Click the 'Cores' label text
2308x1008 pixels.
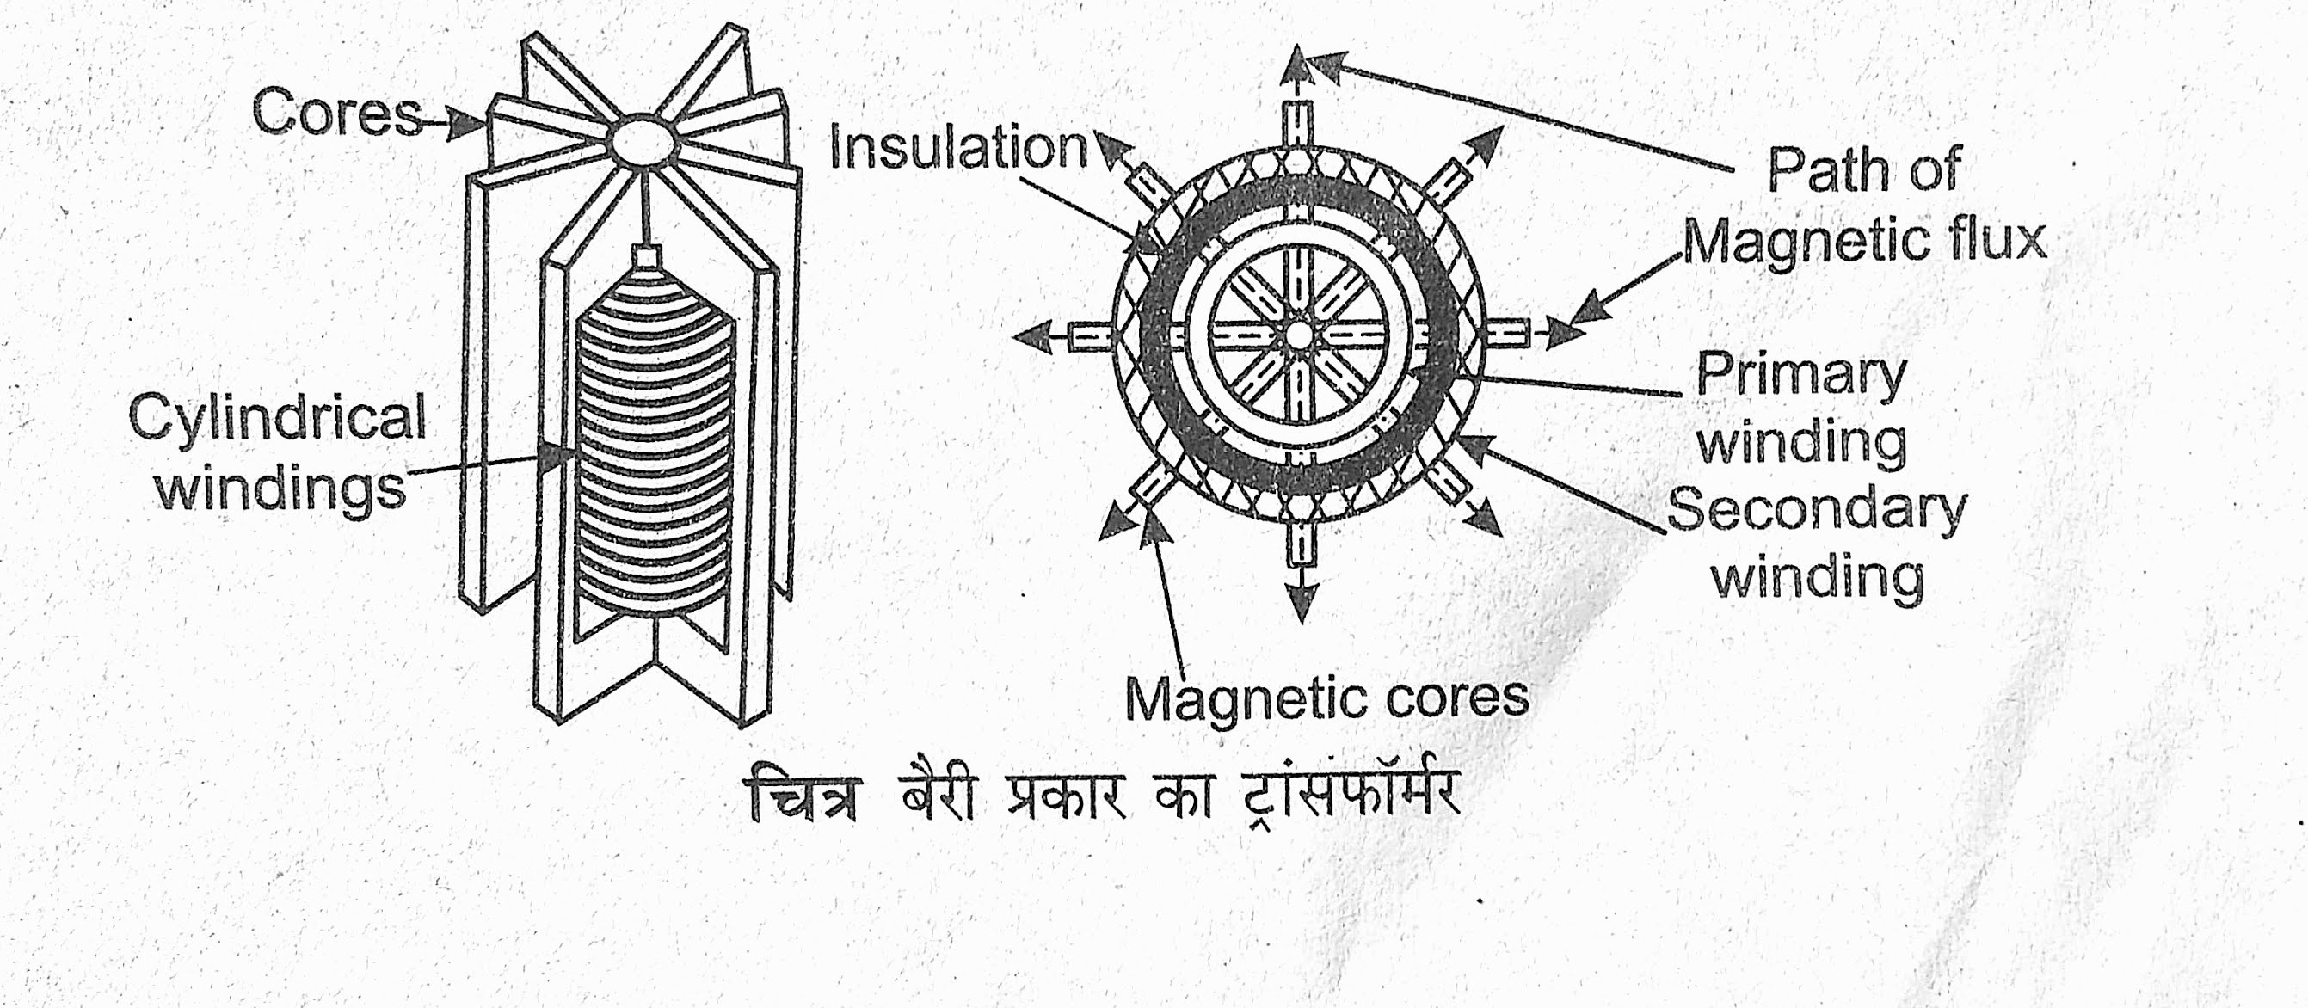pyautogui.click(x=335, y=115)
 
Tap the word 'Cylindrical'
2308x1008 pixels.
pyautogui.click(x=277, y=417)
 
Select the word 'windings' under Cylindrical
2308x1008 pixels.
pyautogui.click(x=281, y=489)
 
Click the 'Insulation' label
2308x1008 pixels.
pyautogui.click(x=957, y=149)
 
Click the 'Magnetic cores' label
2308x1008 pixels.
pyautogui.click(x=1326, y=698)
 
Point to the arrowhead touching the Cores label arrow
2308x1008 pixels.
pyautogui.click(x=466, y=124)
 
